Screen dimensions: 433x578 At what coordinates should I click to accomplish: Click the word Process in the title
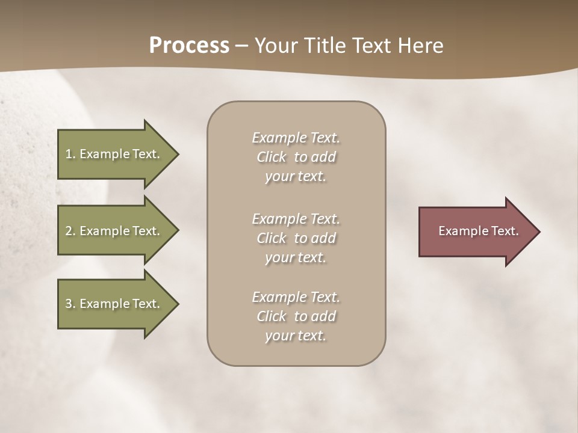point(189,46)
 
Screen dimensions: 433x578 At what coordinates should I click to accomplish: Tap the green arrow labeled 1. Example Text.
point(114,154)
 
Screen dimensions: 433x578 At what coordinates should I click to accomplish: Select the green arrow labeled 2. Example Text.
point(114,231)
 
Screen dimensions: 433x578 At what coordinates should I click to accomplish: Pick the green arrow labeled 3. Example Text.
point(114,304)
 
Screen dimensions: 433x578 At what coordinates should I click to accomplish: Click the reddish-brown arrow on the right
point(476,232)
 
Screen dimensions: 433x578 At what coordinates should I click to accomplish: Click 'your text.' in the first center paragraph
point(296,177)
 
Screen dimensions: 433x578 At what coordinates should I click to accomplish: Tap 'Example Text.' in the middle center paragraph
point(296,219)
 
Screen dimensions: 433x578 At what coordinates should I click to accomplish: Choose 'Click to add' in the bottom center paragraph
point(296,316)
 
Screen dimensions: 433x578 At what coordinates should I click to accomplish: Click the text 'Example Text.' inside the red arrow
point(479,231)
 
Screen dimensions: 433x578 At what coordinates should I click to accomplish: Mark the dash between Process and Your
point(242,46)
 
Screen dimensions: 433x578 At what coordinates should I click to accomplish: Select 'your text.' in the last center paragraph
point(296,336)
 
